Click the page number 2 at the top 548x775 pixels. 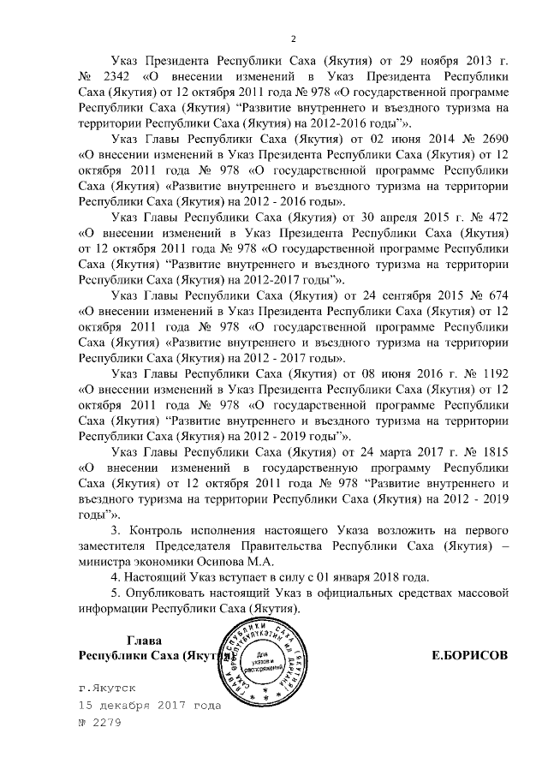click(x=293, y=39)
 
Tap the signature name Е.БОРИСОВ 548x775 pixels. click(x=470, y=655)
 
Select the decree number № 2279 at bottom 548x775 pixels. click(x=101, y=721)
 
